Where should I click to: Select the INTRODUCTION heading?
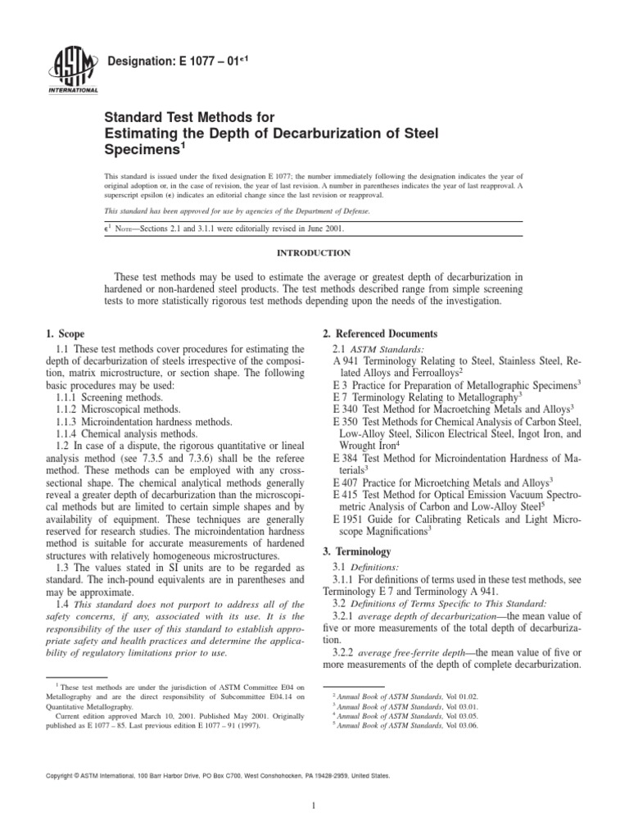click(314, 253)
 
